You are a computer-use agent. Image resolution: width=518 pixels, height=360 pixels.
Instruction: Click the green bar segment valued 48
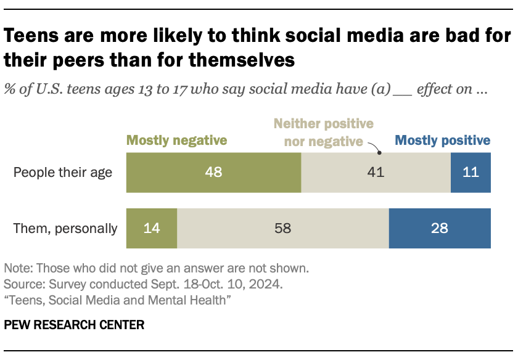pos(213,172)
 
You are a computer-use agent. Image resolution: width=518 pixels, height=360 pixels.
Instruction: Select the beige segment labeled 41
pos(376,172)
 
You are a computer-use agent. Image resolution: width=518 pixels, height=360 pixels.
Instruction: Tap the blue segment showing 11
pos(471,172)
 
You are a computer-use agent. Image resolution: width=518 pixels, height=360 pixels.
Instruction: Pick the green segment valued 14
pos(151,228)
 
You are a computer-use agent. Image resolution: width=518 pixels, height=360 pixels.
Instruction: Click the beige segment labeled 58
pos(282,228)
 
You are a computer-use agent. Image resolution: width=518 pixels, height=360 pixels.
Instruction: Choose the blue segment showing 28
pos(440,228)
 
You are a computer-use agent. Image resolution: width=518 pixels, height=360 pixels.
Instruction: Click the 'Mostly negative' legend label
pos(176,141)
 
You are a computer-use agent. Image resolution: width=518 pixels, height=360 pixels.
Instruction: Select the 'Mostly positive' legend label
pos(443,141)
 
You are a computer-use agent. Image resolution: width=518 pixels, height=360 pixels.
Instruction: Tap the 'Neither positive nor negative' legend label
pos(323,132)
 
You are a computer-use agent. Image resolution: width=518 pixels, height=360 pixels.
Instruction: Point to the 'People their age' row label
pos(63,172)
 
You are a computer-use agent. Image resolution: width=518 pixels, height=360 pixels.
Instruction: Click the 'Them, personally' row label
pos(65,228)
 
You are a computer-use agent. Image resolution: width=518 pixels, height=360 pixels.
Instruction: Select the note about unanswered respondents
pos(155,269)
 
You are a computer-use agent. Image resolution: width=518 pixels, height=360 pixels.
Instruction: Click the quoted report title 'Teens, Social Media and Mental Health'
pos(117,300)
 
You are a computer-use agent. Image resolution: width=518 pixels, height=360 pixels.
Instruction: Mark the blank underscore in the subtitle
pos(402,90)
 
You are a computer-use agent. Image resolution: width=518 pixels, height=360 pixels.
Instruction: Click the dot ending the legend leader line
pos(379,152)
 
